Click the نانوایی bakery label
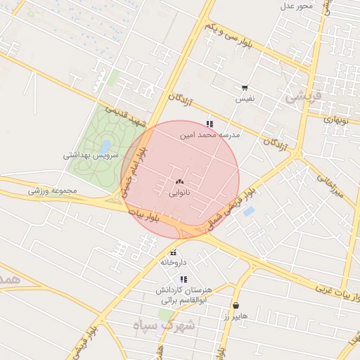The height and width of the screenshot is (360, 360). coord(180,191)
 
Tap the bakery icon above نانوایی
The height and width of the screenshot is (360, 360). coord(180,181)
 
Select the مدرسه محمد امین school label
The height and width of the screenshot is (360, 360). coord(210,134)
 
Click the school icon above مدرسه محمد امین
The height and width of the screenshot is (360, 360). coord(210,124)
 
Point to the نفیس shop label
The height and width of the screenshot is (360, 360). coord(245,99)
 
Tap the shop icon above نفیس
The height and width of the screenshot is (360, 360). coord(245,89)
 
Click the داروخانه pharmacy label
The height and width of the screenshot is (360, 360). coord(173,262)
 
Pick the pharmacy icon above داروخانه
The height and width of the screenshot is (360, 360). coord(173,252)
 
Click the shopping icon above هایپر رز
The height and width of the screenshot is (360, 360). coord(235,306)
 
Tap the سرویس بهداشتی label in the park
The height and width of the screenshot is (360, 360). coord(91,155)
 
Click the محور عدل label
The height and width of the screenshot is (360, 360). coord(296,6)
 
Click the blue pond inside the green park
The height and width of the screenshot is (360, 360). coord(105,146)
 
